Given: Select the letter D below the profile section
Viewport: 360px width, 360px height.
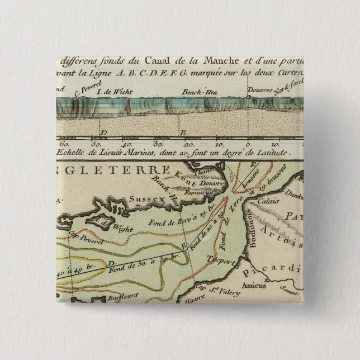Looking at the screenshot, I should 102,133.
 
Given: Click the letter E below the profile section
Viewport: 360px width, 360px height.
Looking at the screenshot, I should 183,132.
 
